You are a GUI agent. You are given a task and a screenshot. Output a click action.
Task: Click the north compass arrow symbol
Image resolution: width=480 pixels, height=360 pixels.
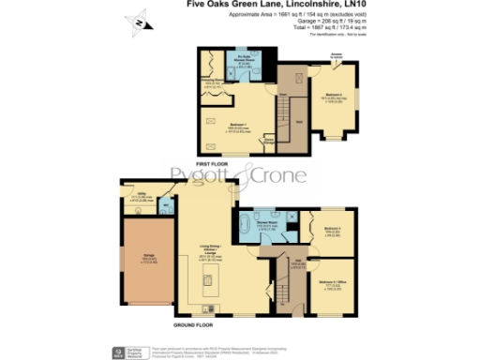[x=139, y=22]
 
